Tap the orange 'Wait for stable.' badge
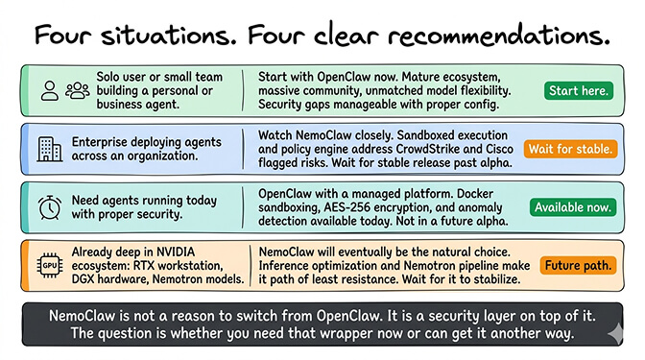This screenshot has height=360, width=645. tap(570, 149)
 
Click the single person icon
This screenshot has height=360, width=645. tap(49, 90)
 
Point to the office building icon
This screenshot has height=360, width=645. tap(46, 149)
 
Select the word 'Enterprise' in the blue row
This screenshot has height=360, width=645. tap(101, 141)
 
